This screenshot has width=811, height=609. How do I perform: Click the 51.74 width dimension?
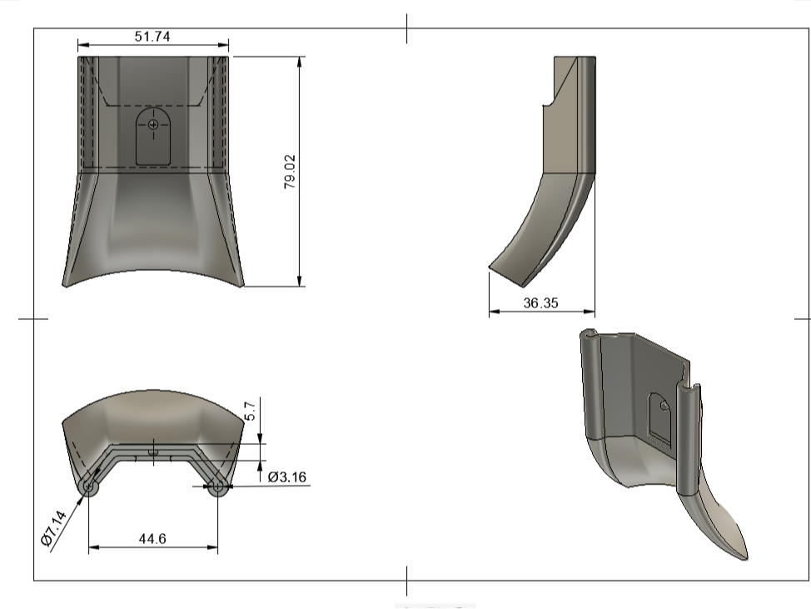[x=152, y=37]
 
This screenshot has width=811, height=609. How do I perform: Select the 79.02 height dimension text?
[x=290, y=172]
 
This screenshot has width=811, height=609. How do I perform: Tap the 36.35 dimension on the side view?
[x=540, y=302]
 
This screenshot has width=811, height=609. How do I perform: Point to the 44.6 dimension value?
[x=152, y=539]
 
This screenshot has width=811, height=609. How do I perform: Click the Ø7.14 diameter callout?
[x=54, y=528]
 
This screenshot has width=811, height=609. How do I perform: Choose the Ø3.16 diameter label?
[x=287, y=477]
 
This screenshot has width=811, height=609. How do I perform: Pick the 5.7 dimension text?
[x=249, y=411]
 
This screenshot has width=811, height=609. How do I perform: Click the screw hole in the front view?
[x=153, y=125]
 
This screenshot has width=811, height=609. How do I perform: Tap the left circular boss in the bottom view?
[x=89, y=487]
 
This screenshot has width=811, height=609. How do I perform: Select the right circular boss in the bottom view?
[x=217, y=487]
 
